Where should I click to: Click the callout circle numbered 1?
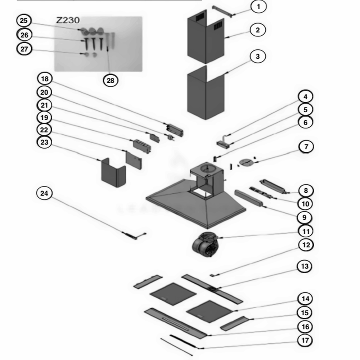click(x=258, y=6)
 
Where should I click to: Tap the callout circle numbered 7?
click(x=306, y=147)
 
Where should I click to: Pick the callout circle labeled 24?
click(x=44, y=193)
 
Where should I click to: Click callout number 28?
click(x=111, y=80)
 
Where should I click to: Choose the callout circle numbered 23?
click(x=44, y=142)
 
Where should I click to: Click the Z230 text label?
click(x=68, y=21)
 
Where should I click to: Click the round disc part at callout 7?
click(x=246, y=162)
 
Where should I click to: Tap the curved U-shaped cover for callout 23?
click(x=112, y=174)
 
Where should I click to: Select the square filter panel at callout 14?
click(x=208, y=311)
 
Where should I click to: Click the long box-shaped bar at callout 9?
click(x=249, y=198)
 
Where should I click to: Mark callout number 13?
click(x=305, y=266)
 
